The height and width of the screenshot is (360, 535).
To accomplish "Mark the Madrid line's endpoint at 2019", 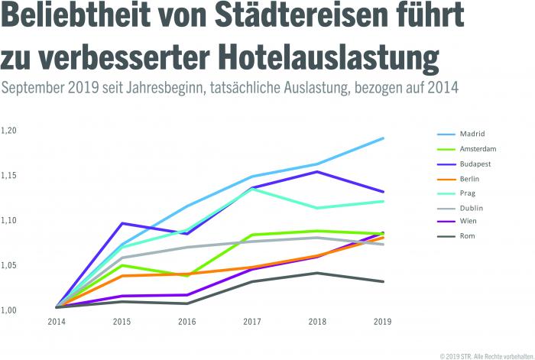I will (x=383, y=138).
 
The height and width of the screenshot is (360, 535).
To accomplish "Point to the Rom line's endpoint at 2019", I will (x=383, y=281).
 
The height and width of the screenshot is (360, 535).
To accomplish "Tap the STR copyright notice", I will (x=485, y=355).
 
